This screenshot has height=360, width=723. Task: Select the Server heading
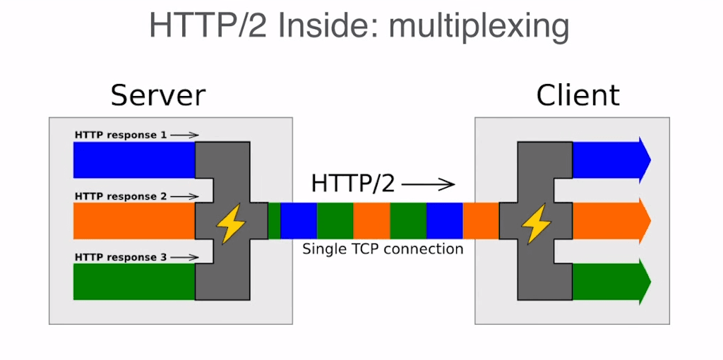click(158, 95)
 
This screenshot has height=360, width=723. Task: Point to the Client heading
click(578, 95)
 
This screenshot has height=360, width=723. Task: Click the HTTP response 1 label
click(121, 135)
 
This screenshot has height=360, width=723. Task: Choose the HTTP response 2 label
click(121, 196)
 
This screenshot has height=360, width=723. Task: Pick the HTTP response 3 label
click(121, 258)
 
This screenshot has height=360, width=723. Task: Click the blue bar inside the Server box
click(133, 160)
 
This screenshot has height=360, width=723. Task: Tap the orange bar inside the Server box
click(133, 221)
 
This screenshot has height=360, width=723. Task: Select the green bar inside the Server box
click(133, 282)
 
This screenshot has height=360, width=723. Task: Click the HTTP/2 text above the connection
click(353, 184)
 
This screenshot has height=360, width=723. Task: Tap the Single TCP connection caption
click(383, 249)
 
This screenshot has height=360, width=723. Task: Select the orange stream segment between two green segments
click(371, 221)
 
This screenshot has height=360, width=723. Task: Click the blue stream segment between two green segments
click(299, 221)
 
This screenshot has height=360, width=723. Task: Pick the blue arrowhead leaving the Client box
click(643, 160)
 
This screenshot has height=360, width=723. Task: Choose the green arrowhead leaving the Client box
click(643, 282)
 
